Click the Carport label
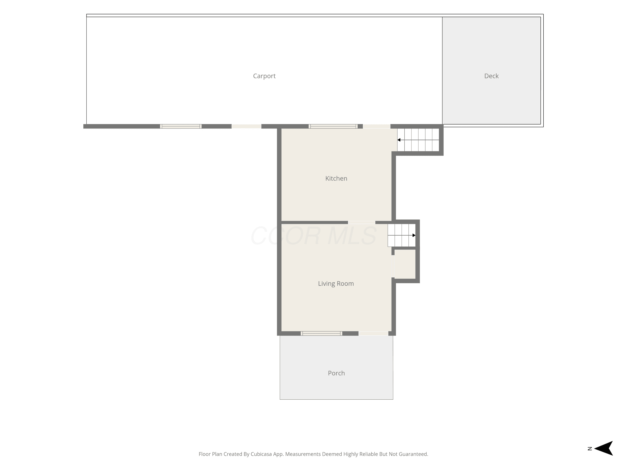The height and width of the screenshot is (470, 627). click(264, 76)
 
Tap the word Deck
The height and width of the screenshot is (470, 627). click(491, 76)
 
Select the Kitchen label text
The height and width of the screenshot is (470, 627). click(336, 178)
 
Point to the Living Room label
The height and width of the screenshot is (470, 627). click(336, 284)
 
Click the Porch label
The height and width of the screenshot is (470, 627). click(336, 373)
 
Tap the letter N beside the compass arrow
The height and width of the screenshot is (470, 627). click(590, 448)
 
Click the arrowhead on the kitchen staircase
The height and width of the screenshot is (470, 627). click(399, 140)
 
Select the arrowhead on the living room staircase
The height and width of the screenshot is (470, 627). click(414, 235)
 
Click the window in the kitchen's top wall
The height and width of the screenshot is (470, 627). click(333, 126)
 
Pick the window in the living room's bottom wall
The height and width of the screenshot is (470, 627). click(321, 333)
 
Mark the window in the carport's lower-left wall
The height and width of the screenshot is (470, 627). click(181, 126)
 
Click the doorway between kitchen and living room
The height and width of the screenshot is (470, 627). click(361, 222)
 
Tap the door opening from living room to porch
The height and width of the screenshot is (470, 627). click(373, 333)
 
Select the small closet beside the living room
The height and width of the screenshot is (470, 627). click(405, 264)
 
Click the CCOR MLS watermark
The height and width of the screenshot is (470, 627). click(313, 235)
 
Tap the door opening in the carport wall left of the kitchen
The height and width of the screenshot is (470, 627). click(246, 126)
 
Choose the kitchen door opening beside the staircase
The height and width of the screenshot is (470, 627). click(377, 126)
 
